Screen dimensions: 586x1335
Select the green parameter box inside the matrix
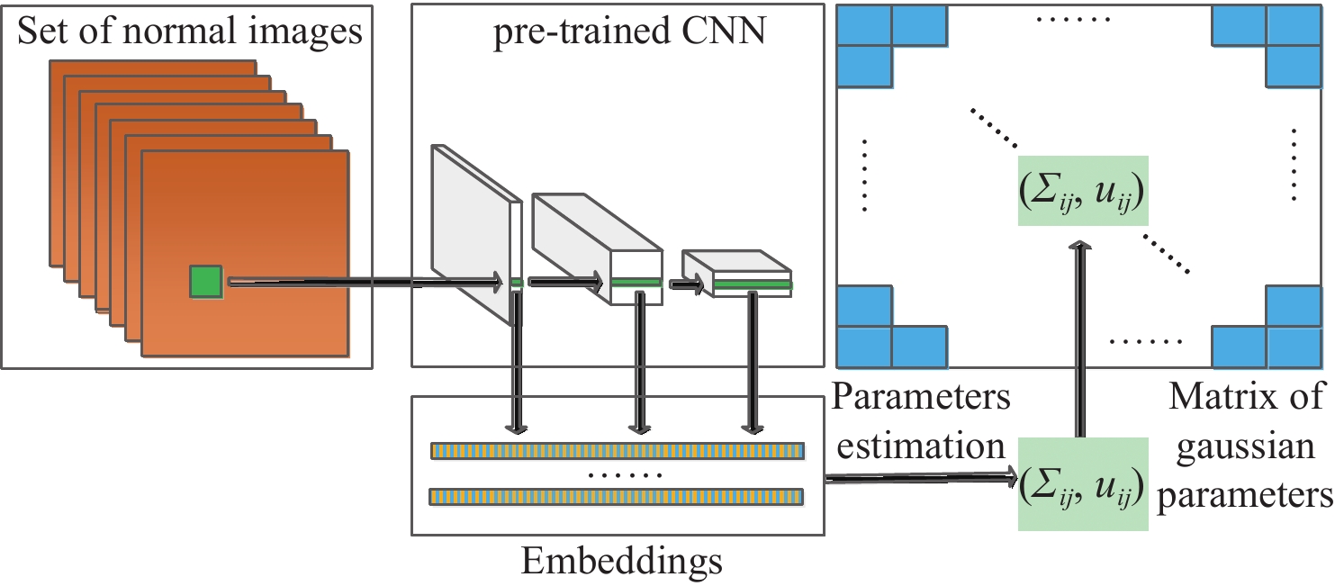coord(1080,190)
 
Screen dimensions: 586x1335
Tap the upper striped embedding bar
coord(617,451)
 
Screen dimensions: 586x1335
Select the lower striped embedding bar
coord(617,496)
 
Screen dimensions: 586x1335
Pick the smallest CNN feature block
coord(738,274)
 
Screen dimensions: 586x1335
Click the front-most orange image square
coord(245,253)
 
